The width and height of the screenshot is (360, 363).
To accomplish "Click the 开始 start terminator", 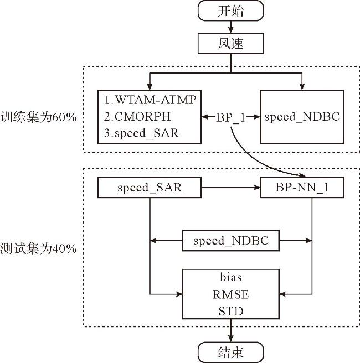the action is pos(231,11).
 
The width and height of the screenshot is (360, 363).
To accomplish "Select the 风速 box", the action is pos(231,44).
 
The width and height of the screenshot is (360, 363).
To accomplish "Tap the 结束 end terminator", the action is pos(231,352).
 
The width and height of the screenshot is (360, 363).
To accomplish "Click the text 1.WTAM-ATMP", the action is pos(150,100).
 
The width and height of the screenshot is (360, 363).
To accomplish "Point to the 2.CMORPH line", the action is pos(137,116).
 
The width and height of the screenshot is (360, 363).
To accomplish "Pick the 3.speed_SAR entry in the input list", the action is pos(141,133).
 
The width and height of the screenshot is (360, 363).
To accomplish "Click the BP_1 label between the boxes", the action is pos(230,117).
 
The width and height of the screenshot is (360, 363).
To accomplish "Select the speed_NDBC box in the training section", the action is pos(302,117).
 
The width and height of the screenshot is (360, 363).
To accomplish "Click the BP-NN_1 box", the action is pos(302,187).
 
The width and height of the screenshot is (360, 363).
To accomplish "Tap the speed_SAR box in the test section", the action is pos(150,187).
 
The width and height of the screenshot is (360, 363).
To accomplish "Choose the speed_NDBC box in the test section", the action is pos(231,241).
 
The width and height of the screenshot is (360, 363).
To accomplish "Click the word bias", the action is pos(231,277).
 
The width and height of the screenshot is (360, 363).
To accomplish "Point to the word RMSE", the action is pos(231,294).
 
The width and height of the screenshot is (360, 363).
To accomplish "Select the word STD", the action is pos(231,311).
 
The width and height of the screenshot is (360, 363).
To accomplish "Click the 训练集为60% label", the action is pos(38,117).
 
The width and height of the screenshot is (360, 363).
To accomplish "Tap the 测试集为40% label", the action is pos(38,248).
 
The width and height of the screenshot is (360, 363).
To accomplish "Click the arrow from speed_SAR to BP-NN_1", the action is pos(231,187).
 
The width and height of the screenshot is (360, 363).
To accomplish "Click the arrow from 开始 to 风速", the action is pos(231,27).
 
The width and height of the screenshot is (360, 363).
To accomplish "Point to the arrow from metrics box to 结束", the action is pos(231,330).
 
